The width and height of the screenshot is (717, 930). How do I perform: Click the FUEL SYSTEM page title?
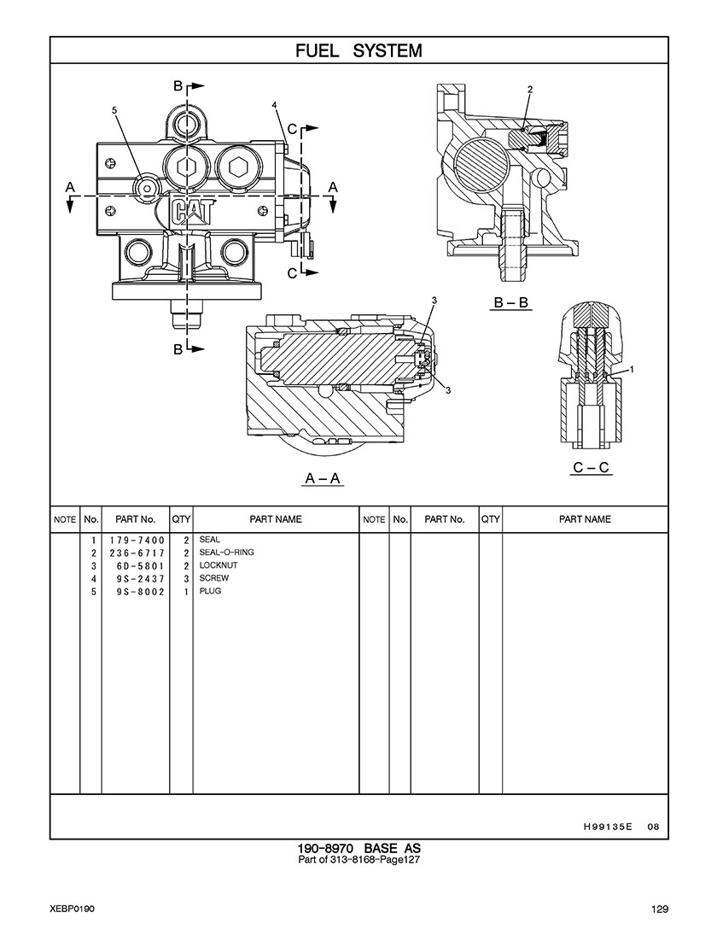point(358,50)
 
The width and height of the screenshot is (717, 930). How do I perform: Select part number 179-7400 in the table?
point(137,541)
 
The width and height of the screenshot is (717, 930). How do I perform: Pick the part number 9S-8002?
point(137,591)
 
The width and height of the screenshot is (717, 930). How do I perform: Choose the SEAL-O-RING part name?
point(226,553)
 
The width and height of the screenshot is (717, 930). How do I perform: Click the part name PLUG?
point(210,591)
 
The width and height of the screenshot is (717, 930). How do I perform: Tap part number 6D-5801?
point(137,565)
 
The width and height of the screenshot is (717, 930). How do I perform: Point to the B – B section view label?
point(511,302)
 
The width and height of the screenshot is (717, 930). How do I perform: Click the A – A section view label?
point(324,478)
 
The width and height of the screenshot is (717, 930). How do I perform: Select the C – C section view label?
point(592,467)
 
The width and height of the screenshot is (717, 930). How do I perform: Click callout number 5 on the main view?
point(114,110)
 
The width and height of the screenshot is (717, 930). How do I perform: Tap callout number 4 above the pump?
point(274,104)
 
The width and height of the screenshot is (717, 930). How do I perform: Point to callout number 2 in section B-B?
point(529,89)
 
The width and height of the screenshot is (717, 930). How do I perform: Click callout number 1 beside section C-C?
point(630,369)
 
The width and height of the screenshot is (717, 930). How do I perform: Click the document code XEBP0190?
point(72,909)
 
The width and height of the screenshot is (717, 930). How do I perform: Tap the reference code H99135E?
point(608,826)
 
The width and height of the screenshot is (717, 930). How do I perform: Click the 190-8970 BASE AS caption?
point(358,848)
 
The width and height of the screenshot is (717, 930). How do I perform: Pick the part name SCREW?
point(213,578)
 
